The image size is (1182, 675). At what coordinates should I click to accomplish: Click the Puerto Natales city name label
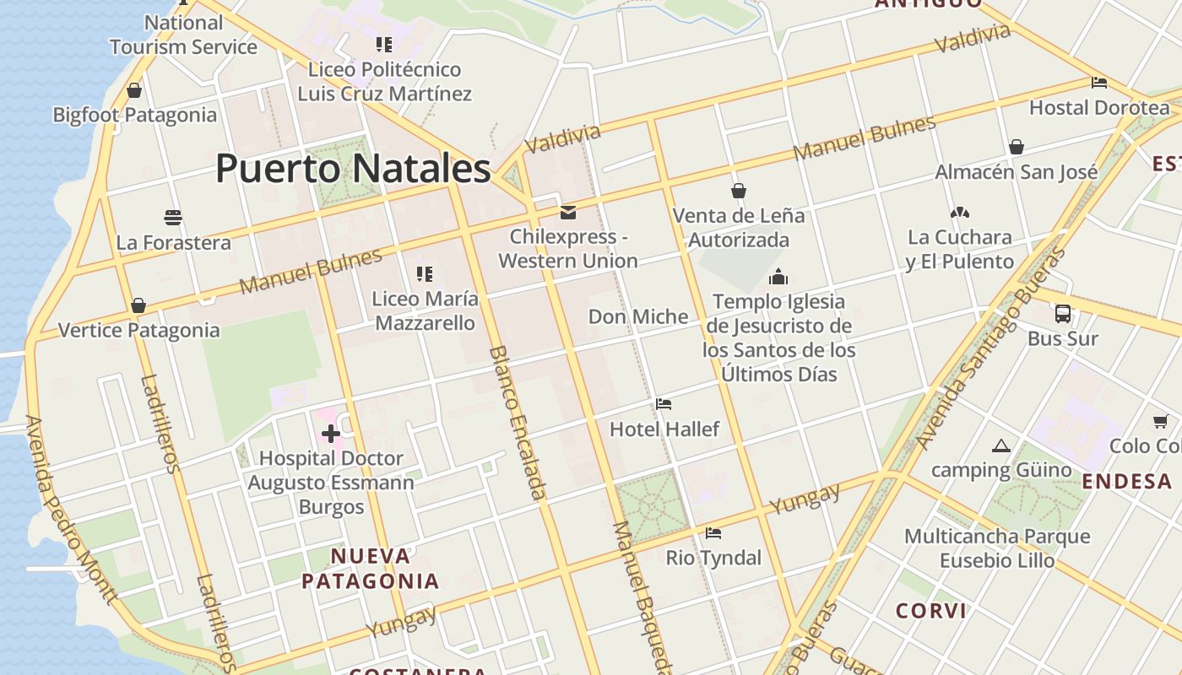point(353,168)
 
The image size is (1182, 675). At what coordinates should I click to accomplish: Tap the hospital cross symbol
point(331,434)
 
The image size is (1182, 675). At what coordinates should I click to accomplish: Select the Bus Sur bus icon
point(1063,314)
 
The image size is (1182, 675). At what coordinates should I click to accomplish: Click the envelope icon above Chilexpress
point(568,212)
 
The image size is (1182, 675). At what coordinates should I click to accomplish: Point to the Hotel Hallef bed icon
point(664,404)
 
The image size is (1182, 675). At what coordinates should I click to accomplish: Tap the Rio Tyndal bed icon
point(713,533)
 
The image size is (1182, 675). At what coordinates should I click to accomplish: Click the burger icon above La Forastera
point(173,218)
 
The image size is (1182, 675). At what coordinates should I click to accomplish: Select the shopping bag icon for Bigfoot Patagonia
point(134,90)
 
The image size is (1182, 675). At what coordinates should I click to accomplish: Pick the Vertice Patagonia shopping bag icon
point(138,305)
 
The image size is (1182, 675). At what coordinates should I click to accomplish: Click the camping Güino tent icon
point(1001,445)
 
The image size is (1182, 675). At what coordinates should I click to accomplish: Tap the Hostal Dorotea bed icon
point(1099,83)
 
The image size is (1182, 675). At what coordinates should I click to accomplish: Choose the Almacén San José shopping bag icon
point(1017,147)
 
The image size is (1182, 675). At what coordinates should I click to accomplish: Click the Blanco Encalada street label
point(518,422)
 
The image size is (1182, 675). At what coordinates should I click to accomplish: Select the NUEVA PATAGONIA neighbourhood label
point(371,569)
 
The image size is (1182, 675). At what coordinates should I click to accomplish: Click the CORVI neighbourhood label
point(931,611)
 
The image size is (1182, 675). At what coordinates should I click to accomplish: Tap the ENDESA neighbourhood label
point(1127,482)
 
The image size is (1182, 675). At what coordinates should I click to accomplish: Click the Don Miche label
point(638,316)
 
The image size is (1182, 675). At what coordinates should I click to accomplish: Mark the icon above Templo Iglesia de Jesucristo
point(778,277)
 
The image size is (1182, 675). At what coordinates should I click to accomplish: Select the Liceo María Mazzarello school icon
point(425,273)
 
